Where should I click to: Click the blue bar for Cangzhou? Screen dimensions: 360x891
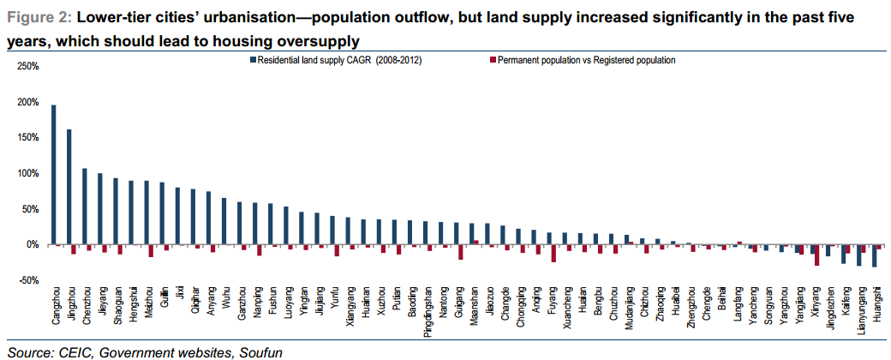pos(54,175)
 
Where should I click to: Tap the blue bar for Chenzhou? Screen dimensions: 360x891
pos(84,207)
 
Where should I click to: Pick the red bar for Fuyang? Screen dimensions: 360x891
pos(553,253)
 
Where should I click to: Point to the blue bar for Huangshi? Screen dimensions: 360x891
pos(874,255)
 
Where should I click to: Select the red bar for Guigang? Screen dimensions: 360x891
pos(461,252)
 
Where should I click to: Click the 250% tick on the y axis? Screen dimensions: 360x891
pos(27,66)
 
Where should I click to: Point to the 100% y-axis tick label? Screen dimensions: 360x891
pos(27,173)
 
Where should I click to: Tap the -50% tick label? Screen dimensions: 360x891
pos(27,280)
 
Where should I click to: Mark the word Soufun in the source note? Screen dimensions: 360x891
pos(258,351)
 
